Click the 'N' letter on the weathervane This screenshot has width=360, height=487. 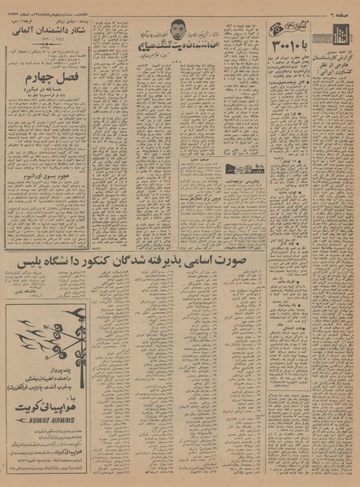click(x=38, y=363)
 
